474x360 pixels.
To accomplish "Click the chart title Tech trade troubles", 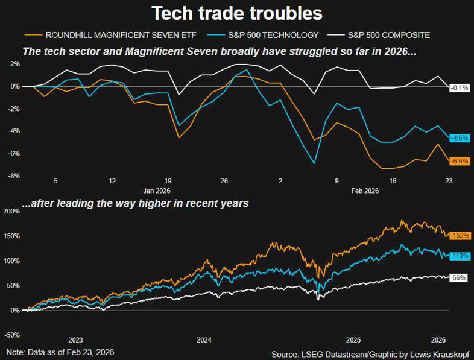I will pyautogui.click(x=236, y=13).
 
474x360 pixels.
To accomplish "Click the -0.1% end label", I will pyautogui.click(x=460, y=87).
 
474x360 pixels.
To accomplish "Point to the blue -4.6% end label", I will pyautogui.click(x=460, y=138).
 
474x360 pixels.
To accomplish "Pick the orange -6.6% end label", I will pyautogui.click(x=460, y=161).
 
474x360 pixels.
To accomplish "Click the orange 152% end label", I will pyautogui.click(x=461, y=235).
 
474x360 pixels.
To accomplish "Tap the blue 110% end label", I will pyautogui.click(x=461, y=256).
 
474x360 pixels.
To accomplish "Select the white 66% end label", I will pyautogui.click(x=460, y=278).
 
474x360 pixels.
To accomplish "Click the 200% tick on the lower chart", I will pyautogui.click(x=12, y=211).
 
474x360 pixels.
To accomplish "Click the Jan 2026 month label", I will pyautogui.click(x=156, y=190).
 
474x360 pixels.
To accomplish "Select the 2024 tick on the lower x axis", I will pyautogui.click(x=204, y=339).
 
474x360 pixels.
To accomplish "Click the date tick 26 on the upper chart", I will pyautogui.click(x=224, y=181).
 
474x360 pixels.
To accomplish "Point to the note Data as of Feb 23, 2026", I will pyautogui.click(x=60, y=352).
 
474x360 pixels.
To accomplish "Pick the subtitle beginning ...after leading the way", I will pyautogui.click(x=135, y=204).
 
